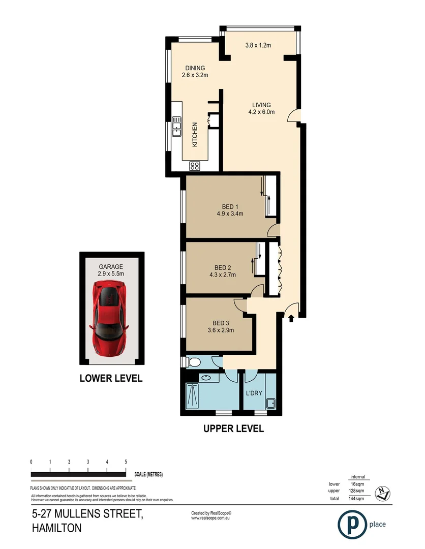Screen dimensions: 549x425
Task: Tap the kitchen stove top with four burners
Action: (x=195, y=165)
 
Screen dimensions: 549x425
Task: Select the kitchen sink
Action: (x=176, y=127)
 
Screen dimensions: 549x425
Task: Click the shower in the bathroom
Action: (x=193, y=395)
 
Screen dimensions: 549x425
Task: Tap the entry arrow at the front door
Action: (x=291, y=319)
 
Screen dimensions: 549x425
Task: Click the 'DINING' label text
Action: (x=195, y=68)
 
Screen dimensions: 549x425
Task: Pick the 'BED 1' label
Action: (x=230, y=206)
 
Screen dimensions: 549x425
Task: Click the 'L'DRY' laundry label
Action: (x=254, y=394)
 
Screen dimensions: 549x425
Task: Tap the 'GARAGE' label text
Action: (x=111, y=266)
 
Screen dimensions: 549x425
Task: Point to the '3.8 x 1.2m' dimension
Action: (x=258, y=45)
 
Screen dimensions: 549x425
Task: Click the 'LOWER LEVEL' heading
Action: (x=111, y=378)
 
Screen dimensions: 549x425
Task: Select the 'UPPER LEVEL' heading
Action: (x=233, y=429)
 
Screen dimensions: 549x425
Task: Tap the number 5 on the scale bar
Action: (x=126, y=462)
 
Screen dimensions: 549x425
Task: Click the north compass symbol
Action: (x=382, y=492)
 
